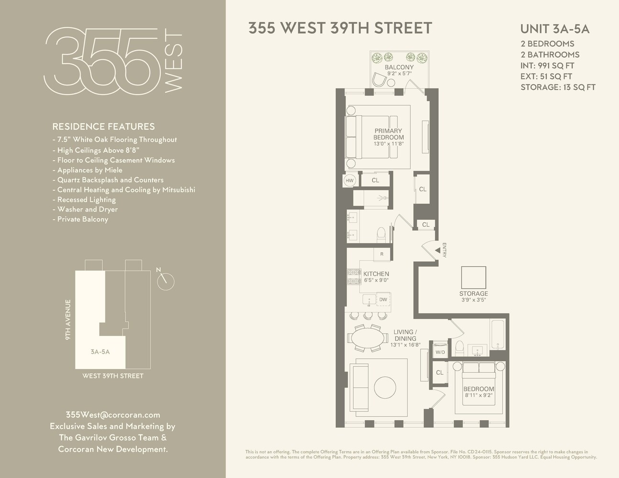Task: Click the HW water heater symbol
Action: [350, 181]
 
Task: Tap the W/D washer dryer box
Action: [439, 353]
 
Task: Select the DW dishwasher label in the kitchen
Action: [383, 300]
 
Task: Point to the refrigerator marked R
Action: [382, 254]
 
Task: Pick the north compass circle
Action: [166, 281]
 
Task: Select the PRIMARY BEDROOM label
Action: [388, 134]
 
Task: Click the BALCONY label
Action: [399, 67]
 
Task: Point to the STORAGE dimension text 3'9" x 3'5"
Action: [474, 300]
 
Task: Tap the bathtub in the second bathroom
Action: [497, 335]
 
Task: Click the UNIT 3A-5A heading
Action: [554, 29]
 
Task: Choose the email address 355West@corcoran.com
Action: [113, 415]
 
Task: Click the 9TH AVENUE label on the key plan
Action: [68, 320]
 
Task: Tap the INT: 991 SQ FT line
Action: [547, 65]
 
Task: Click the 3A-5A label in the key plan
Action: [100, 352]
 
